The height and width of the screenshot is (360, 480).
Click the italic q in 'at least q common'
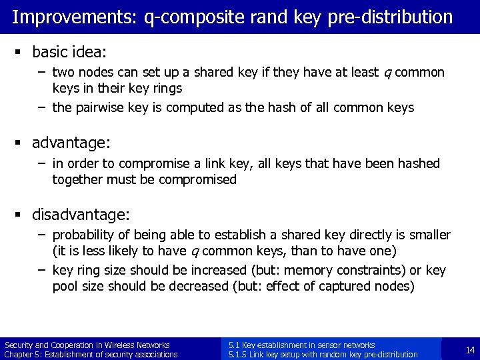(387, 72)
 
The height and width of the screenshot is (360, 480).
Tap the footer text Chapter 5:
(24, 354)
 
